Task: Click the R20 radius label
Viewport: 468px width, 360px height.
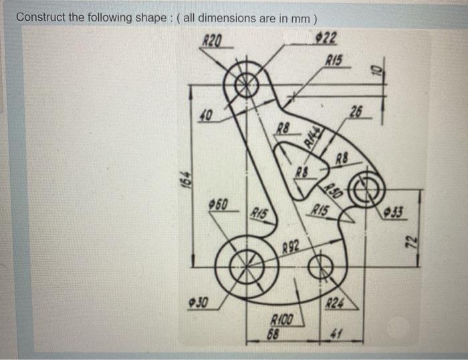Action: coord(212,41)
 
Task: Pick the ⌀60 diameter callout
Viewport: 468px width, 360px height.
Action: coord(216,202)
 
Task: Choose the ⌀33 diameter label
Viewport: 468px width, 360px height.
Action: coord(398,212)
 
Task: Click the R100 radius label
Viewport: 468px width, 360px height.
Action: coord(280,320)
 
